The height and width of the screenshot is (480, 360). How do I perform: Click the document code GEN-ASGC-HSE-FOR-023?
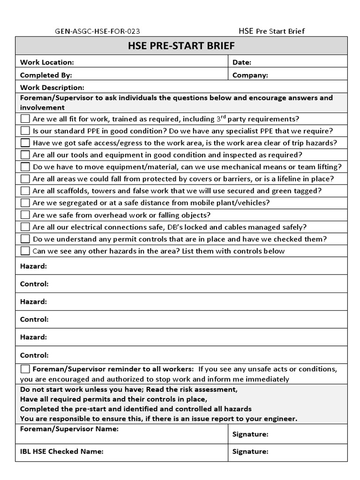(97, 31)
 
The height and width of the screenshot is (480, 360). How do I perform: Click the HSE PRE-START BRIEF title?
(181, 46)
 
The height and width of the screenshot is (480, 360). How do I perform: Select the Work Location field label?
(47, 62)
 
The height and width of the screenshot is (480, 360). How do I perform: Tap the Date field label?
(242, 62)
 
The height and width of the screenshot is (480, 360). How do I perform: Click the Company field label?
(250, 75)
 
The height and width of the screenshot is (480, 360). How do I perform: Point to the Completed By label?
(46, 75)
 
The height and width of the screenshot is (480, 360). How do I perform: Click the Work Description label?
(52, 88)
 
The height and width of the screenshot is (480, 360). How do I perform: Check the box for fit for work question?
(25, 119)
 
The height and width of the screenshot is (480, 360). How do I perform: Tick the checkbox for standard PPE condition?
(25, 131)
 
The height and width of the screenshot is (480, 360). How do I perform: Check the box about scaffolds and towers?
(25, 191)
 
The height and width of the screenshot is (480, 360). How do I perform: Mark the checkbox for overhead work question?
(25, 215)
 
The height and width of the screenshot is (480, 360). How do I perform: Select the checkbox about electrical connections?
(25, 227)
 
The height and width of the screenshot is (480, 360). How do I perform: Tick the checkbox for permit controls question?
(25, 239)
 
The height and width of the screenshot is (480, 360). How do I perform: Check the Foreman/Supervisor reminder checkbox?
(25, 368)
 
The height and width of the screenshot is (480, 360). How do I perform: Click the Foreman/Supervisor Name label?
(69, 428)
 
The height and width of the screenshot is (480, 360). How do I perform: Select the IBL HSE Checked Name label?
(61, 451)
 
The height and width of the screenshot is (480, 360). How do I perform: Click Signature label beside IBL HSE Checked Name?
(250, 451)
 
